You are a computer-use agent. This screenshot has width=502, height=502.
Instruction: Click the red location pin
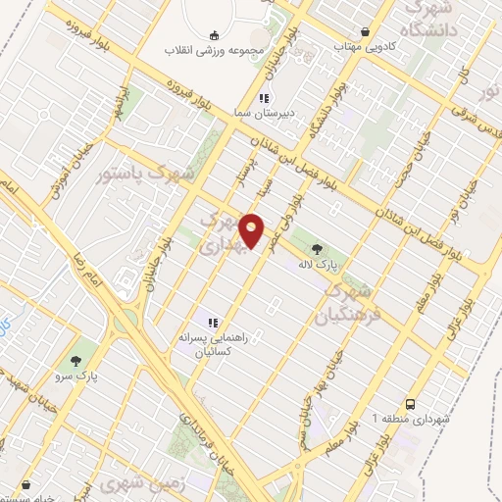point(251,230)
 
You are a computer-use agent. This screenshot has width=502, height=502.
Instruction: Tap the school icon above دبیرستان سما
point(263,97)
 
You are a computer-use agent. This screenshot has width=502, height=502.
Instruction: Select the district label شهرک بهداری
point(218,234)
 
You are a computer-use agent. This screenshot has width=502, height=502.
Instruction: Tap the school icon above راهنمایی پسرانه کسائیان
point(211,323)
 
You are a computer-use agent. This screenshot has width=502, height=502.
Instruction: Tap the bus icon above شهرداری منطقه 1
point(411,403)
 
